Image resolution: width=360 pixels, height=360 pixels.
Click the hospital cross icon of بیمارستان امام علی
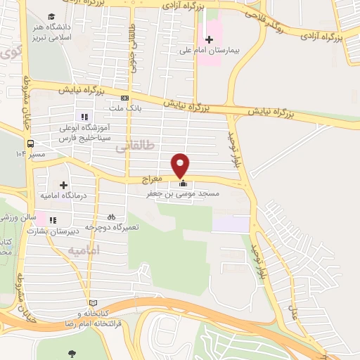pos(208,39)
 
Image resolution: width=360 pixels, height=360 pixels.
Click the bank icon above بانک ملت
pos(125,98)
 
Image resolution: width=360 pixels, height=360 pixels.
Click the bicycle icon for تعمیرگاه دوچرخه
pos(111,217)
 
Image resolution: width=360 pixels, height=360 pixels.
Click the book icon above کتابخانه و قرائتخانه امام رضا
pos(86,302)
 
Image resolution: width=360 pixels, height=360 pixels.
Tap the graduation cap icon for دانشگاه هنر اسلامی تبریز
pos(51,16)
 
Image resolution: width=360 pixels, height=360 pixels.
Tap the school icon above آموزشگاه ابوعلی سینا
pos(84,117)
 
